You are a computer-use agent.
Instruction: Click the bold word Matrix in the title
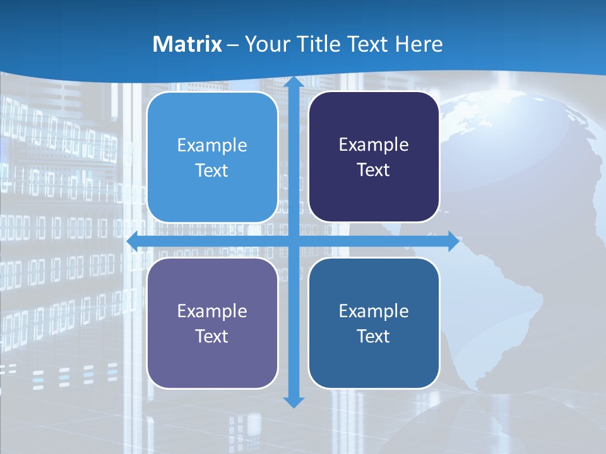point(187,44)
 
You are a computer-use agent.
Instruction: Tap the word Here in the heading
point(419,44)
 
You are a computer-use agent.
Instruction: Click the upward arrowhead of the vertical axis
point(294,83)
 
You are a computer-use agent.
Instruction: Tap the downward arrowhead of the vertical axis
point(294,402)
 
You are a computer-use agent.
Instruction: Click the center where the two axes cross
point(294,241)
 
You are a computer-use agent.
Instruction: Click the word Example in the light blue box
point(212,146)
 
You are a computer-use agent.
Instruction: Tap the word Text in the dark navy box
point(374,170)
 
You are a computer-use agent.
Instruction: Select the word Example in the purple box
point(212,311)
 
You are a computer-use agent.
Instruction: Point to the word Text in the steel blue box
point(374,336)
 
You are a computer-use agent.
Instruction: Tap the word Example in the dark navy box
point(374,145)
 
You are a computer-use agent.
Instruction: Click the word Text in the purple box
point(212,336)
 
